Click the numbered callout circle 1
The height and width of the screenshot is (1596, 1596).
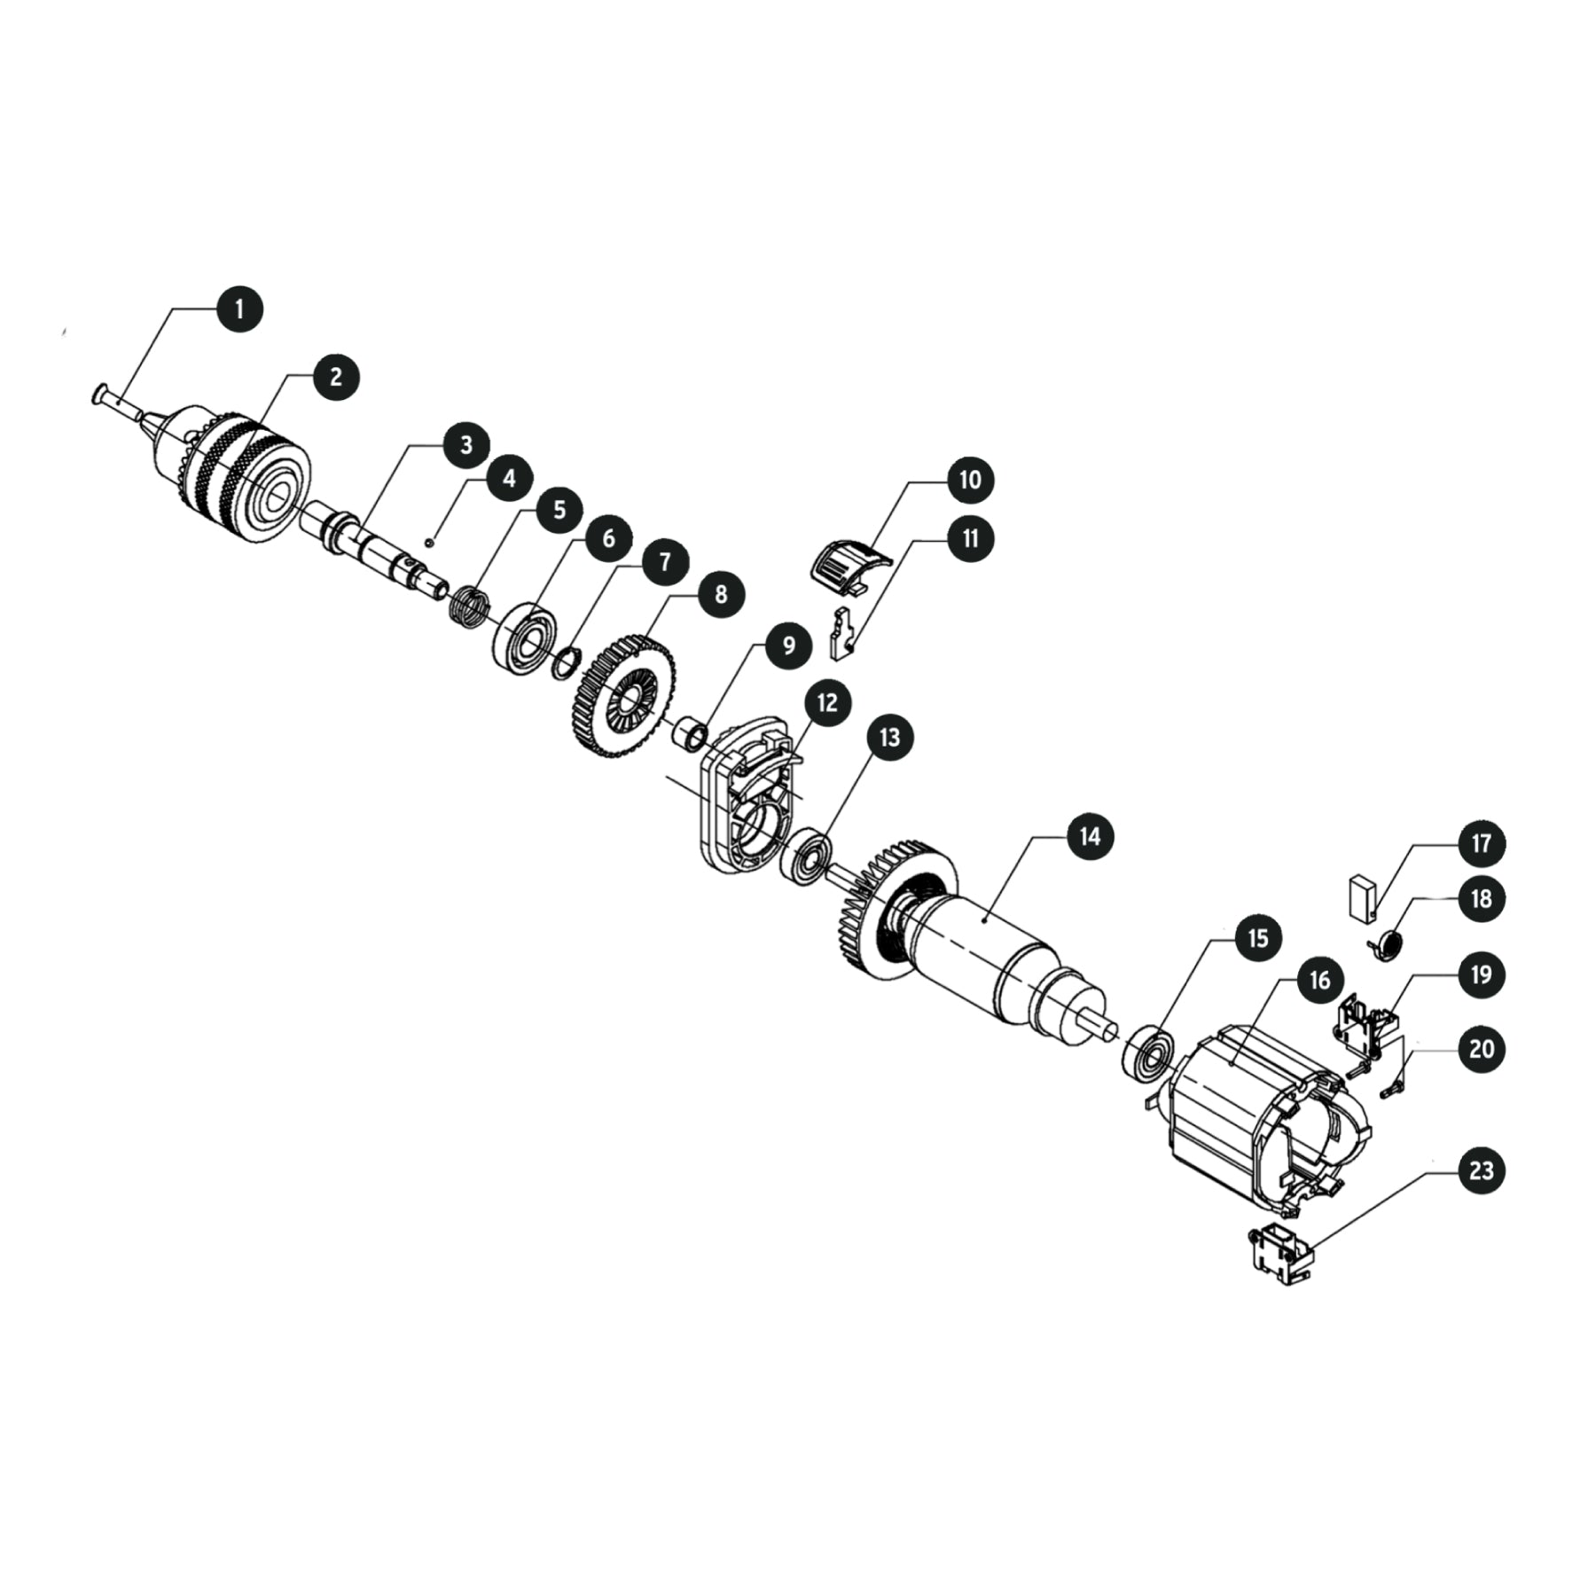pos(238,308)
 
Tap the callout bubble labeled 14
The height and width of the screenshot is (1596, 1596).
pos(1090,836)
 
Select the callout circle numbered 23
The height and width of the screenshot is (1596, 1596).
pos(1481,1170)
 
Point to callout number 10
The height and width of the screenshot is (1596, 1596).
pos(970,479)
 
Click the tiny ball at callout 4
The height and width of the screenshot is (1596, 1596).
pos(429,541)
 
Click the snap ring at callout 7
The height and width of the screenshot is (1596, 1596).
pos(564,663)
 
